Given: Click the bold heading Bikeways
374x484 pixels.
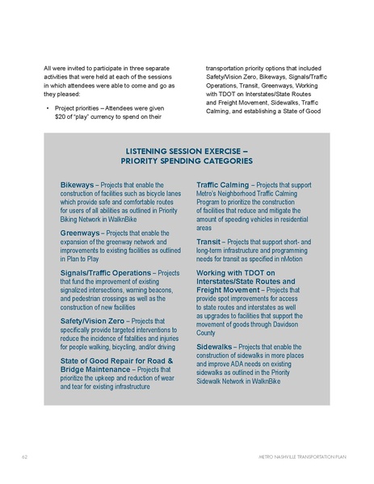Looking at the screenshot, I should pos(77,185).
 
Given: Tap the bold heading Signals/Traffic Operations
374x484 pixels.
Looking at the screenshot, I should pos(106,273).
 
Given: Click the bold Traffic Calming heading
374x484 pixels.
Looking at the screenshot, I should pos(223,185).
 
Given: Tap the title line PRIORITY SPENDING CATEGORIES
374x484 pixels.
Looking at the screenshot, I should pos(187,162).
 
